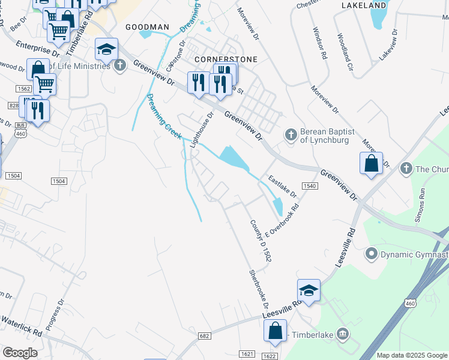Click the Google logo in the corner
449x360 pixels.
coord(20,352)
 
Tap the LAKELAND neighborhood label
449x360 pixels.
coord(363,5)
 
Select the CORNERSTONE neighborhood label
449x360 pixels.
coord(226,59)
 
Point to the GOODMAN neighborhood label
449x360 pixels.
coord(147,27)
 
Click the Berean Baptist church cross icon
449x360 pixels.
coord(291,134)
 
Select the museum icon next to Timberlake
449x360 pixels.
coord(342,333)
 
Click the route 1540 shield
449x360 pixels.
coord(309,186)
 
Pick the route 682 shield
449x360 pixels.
coord(204,336)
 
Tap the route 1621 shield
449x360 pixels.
coord(248,354)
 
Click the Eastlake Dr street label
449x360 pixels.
coord(282,187)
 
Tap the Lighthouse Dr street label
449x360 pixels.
coord(202,130)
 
